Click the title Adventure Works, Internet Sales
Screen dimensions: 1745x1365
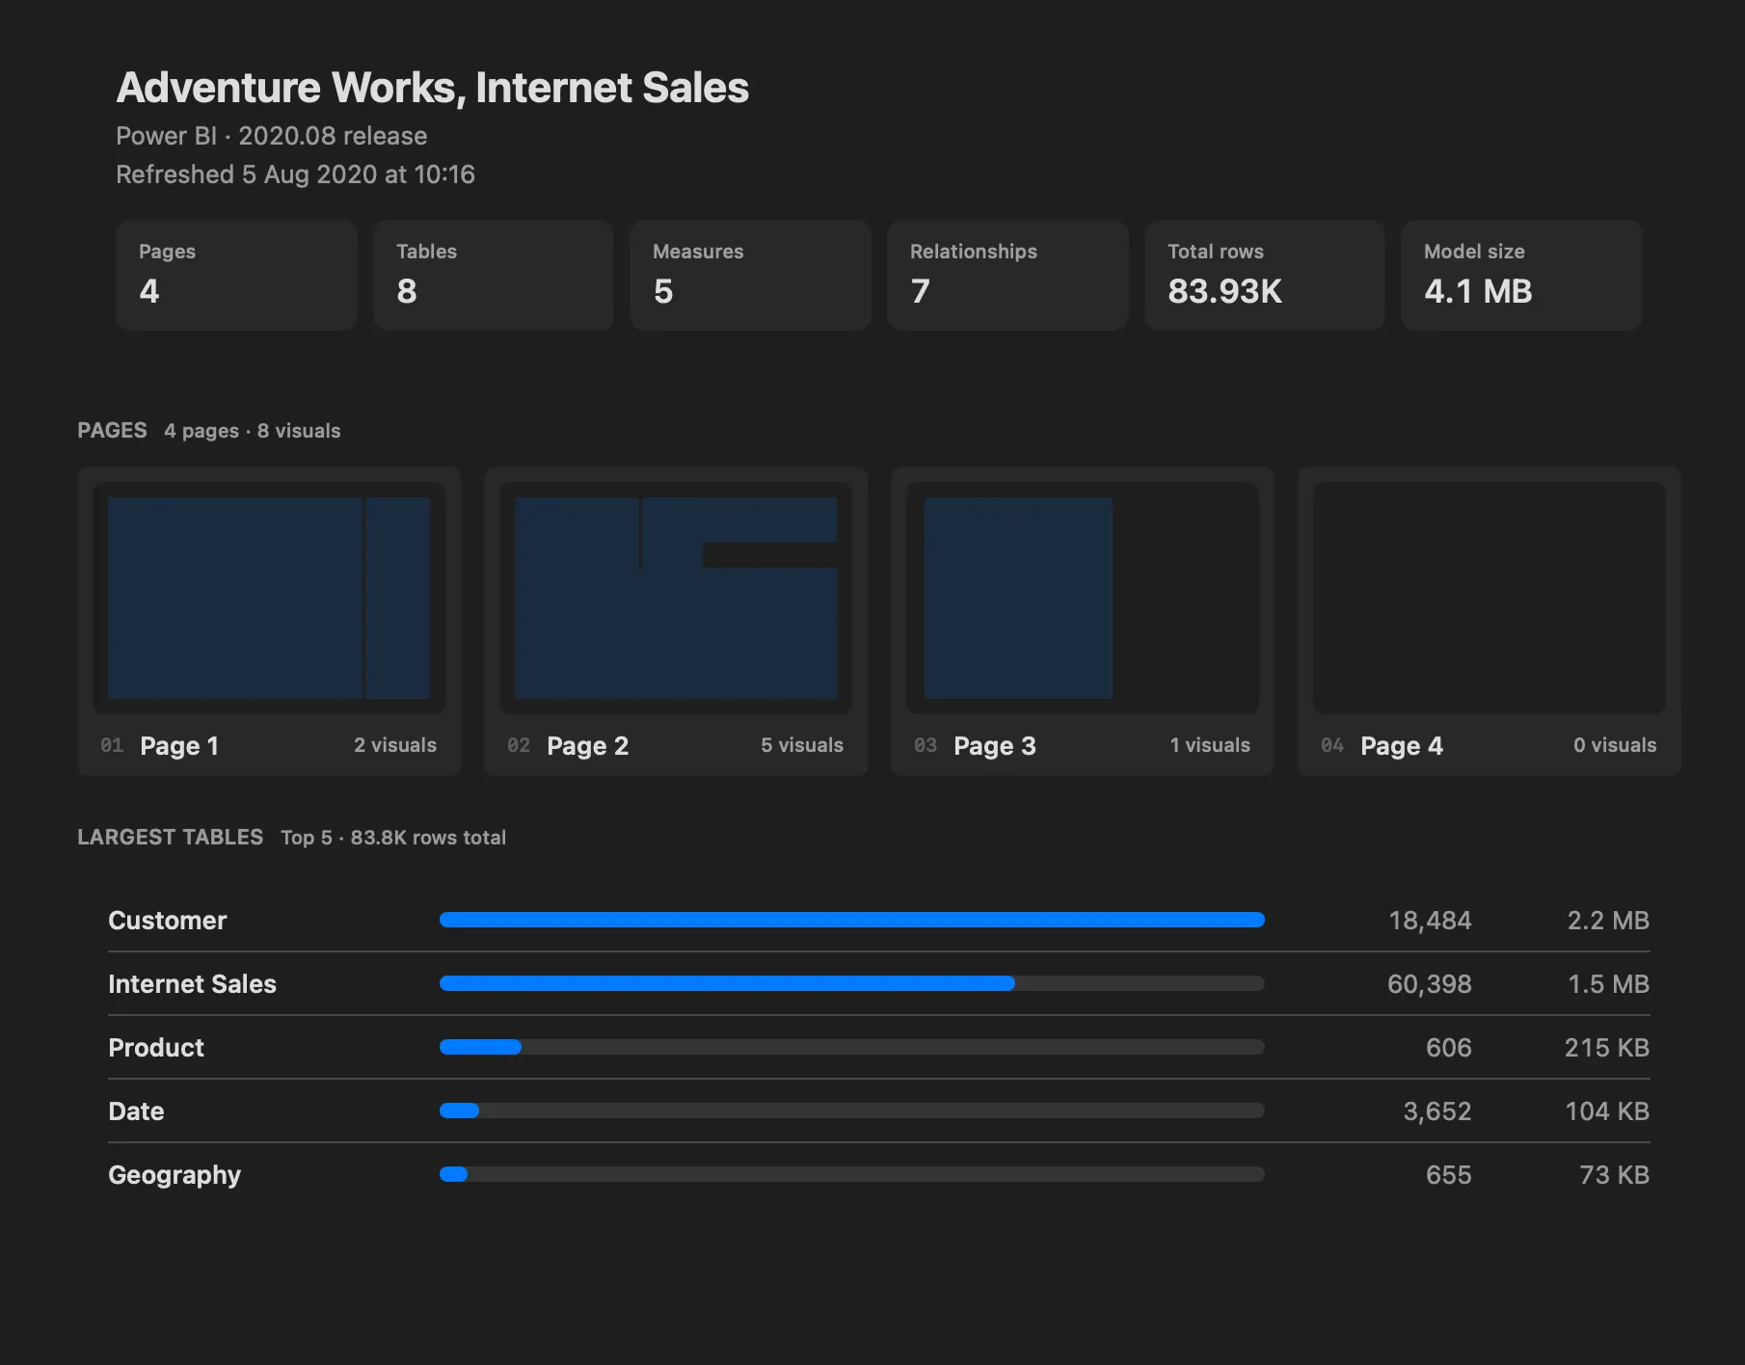pos(432,88)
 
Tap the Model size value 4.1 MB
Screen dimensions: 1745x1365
pos(1478,291)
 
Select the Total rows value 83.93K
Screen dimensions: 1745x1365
pos(1224,291)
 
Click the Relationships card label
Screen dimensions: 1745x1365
pos(974,252)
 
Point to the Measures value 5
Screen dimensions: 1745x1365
pos(663,291)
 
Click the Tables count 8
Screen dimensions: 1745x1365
pos(407,291)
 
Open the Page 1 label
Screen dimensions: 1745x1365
pos(179,745)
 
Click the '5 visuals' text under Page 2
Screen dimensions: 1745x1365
pos(802,745)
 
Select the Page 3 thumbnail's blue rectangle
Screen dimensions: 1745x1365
pos(1018,598)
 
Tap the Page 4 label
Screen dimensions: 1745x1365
pos(1402,745)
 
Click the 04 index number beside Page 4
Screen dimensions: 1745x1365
pos(1332,745)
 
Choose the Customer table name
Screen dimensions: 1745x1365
pos(168,921)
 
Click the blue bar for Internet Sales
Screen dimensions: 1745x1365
pos(727,983)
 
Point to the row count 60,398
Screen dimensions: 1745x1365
pos(1429,984)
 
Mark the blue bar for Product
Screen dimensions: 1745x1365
pos(480,1047)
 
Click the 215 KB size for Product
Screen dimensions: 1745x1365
pos(1606,1048)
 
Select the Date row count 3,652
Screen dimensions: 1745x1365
pos(1436,1111)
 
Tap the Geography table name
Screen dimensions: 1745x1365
pos(174,1175)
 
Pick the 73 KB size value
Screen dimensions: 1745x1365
pos(1614,1175)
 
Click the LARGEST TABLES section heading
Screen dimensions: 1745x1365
pos(170,837)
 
